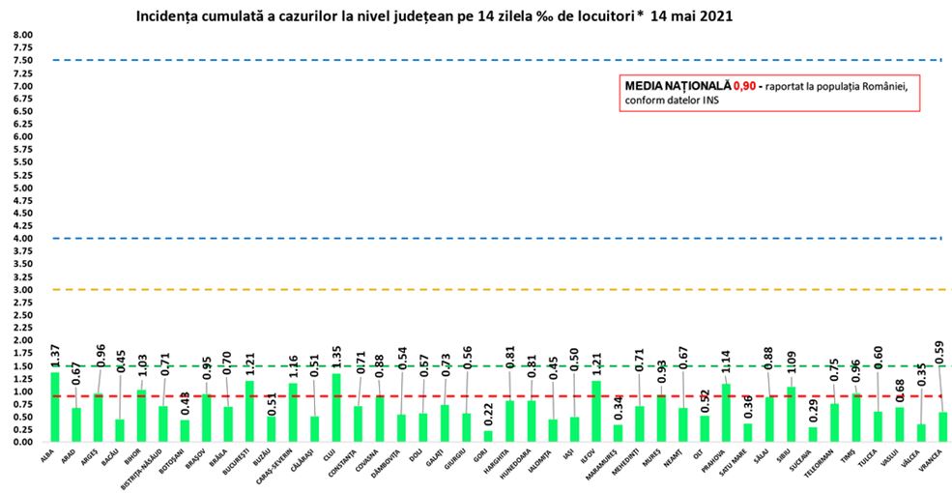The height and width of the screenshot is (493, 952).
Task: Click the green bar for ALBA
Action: pos(55,407)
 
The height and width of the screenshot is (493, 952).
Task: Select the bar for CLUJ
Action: pos(336,407)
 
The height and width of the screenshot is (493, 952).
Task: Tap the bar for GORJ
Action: pos(487,436)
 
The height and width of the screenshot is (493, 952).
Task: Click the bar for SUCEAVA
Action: pos(813,434)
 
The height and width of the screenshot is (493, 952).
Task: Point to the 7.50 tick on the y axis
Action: pos(21,60)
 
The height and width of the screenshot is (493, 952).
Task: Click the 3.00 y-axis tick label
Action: pos(21,290)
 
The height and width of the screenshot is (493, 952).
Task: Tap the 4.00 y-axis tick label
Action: pos(21,239)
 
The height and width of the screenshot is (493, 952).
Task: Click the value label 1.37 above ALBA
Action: pos(55,356)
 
